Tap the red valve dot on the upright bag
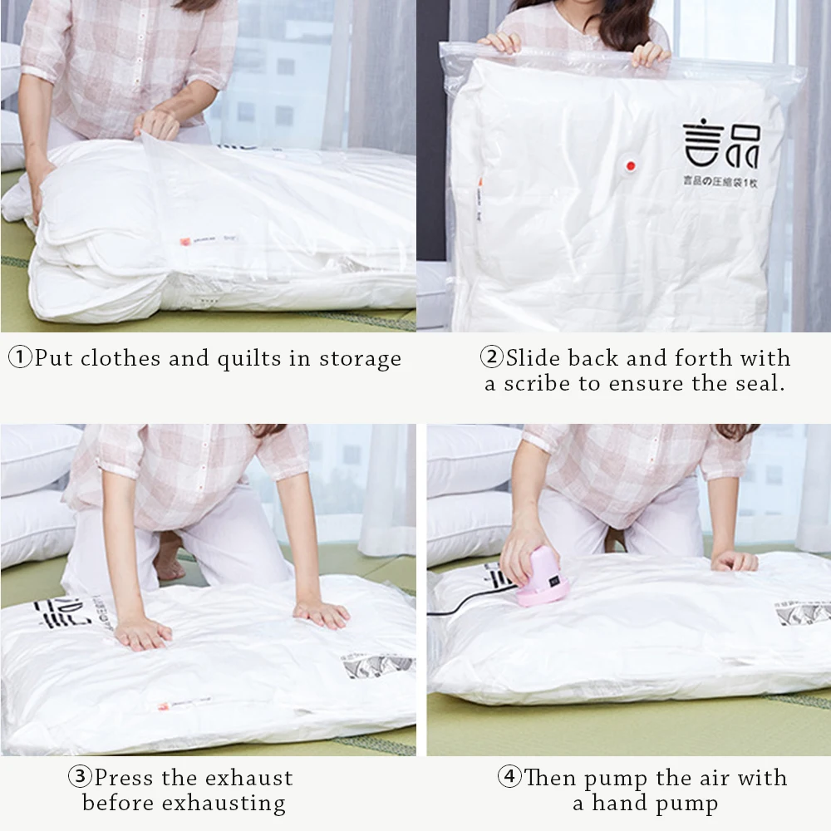[629, 167]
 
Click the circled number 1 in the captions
[21, 358]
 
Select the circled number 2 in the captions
[493, 358]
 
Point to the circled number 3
[81, 778]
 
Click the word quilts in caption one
[248, 359]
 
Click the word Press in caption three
[124, 778]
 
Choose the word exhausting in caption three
[224, 804]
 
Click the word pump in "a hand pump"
[686, 804]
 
